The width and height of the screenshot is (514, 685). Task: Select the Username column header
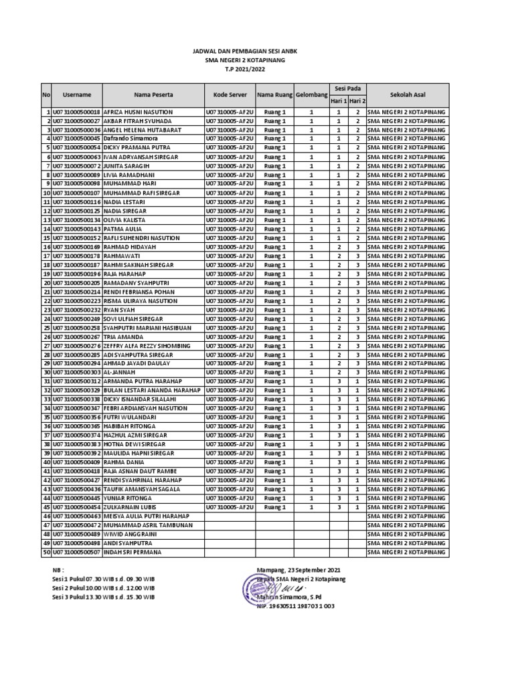77,95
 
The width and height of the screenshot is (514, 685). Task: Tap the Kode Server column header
230,95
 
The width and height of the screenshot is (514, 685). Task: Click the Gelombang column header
311,95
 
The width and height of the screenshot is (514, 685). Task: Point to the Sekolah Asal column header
406,95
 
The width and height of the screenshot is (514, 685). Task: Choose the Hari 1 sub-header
339,101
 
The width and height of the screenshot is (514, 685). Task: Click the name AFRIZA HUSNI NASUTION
139,112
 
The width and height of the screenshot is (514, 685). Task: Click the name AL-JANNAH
120,373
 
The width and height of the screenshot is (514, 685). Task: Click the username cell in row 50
77,553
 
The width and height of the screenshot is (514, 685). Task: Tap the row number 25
48,328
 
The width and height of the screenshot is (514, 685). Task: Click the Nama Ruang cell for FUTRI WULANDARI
274,417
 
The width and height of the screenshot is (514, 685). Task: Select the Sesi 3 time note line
104,597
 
